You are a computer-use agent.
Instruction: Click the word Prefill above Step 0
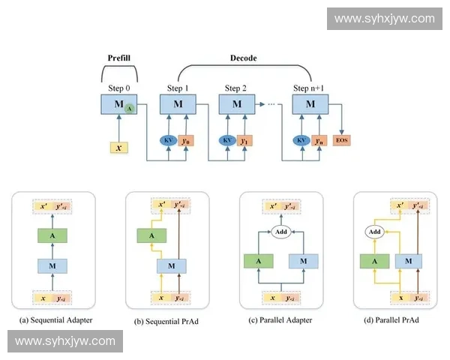click(x=119, y=58)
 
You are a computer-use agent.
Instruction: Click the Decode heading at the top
click(x=244, y=58)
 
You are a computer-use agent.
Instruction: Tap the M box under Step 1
click(x=178, y=104)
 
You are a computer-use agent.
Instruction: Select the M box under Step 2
click(x=235, y=104)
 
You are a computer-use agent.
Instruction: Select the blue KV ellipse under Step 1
click(x=169, y=140)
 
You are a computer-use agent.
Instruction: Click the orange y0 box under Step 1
click(x=187, y=140)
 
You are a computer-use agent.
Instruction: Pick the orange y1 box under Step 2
click(x=243, y=140)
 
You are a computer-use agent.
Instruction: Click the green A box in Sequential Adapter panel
click(x=52, y=236)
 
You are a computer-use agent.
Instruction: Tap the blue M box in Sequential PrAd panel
click(x=172, y=264)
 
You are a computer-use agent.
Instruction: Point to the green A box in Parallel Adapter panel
click(x=258, y=261)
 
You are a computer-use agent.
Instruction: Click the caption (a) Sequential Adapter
click(x=52, y=319)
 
